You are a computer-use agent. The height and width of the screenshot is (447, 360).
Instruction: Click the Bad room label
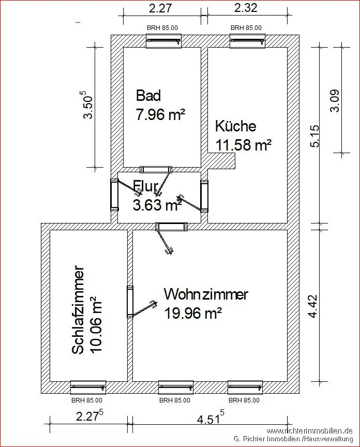pyautogui.click(x=148, y=96)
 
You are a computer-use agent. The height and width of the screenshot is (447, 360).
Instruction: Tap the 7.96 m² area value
pyautogui.click(x=160, y=114)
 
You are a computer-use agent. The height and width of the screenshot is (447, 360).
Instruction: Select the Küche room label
pyautogui.click(x=235, y=126)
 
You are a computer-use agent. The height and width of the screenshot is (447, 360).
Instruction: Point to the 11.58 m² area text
pyautogui.click(x=243, y=145)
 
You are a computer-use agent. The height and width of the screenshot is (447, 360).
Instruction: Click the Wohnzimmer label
pyautogui.click(x=206, y=294)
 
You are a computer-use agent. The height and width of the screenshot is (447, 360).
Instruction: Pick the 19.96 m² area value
pyautogui.click(x=193, y=314)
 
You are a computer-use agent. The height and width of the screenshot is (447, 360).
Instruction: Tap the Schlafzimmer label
pyautogui.click(x=78, y=310)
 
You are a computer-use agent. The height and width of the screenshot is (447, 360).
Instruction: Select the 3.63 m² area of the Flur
pyautogui.click(x=157, y=205)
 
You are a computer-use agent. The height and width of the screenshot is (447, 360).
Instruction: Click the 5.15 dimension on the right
pyautogui.click(x=315, y=136)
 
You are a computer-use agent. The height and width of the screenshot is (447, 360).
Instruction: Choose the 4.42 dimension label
pyautogui.click(x=312, y=306)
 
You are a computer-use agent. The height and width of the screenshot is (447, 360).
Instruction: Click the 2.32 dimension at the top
pyautogui.click(x=246, y=8)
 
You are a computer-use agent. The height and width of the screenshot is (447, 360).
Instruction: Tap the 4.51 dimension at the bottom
pyautogui.click(x=211, y=419)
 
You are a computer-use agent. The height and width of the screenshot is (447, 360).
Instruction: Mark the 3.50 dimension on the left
pyautogui.click(x=88, y=105)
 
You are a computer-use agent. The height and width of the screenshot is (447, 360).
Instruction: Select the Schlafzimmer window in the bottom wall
pyautogui.click(x=88, y=388)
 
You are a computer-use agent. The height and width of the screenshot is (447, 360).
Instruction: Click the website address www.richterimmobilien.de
pyautogui.click(x=309, y=430)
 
